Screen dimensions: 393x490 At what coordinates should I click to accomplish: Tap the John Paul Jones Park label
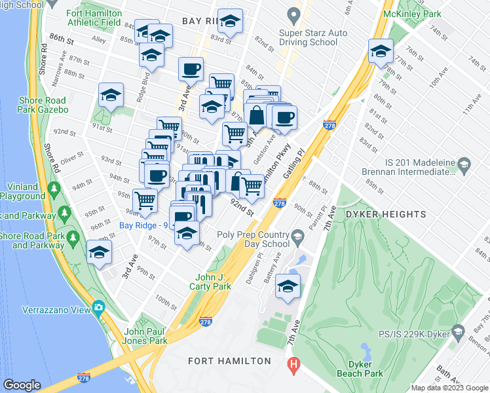tap(146, 336)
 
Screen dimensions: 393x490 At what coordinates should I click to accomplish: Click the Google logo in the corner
tap(22, 385)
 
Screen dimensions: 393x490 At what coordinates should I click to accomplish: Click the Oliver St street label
tap(72, 157)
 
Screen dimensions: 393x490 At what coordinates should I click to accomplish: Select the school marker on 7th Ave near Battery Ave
tap(288, 287)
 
